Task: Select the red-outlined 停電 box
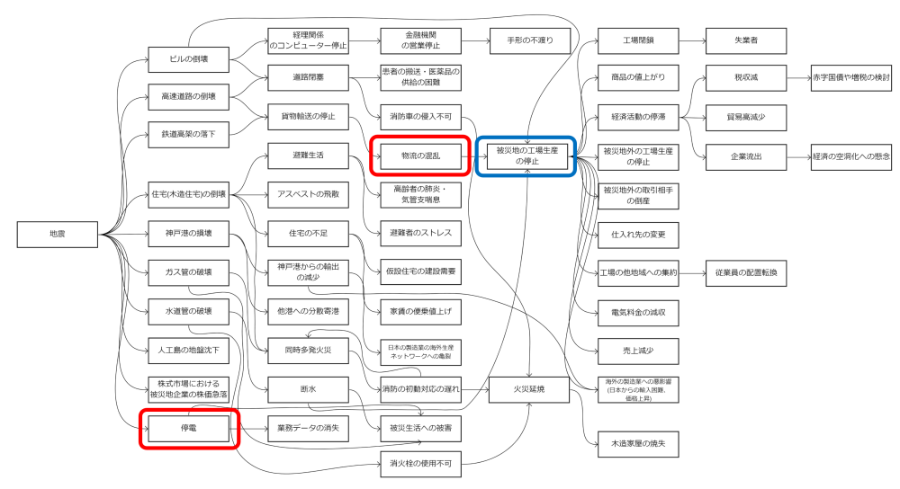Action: tap(188, 428)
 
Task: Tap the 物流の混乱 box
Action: tap(421, 155)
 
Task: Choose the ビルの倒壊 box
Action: tap(188, 59)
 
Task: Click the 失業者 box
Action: tap(747, 40)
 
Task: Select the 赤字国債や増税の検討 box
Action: tap(850, 78)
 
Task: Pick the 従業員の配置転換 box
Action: tap(747, 271)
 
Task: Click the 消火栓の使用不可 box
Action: tap(421, 466)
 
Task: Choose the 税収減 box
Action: tap(747, 78)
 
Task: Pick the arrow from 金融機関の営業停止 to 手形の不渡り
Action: tap(476, 40)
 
